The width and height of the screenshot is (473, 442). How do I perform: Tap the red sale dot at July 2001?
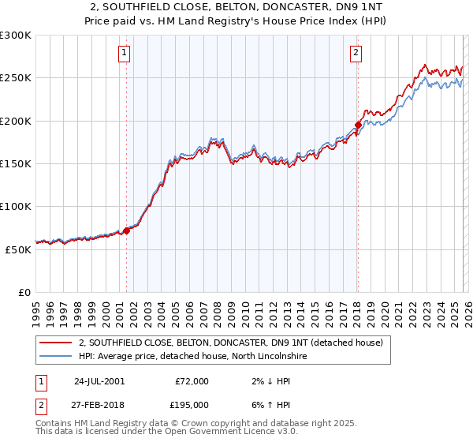point(126,230)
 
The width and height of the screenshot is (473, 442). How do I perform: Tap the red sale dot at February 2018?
point(358,125)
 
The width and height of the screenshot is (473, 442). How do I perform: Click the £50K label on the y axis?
point(18,249)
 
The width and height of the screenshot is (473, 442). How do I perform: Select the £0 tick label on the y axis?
point(24,292)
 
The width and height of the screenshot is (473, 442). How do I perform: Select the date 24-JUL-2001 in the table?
point(99,381)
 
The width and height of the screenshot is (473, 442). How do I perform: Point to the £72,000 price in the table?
point(191,381)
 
